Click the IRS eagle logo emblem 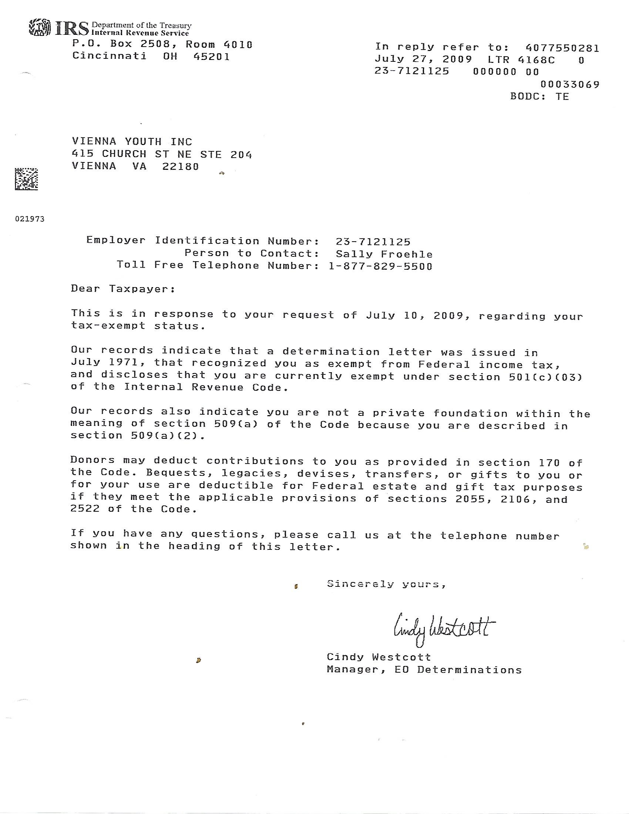(40, 28)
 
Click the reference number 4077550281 (562, 48)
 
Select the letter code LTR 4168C (521, 60)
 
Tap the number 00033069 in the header (570, 85)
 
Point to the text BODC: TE (539, 97)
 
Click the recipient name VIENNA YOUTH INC (132, 142)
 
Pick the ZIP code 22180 (180, 166)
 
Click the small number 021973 (30, 219)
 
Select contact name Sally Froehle (384, 254)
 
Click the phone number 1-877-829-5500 (380, 266)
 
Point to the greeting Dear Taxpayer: (123, 289)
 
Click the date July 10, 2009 (415, 316)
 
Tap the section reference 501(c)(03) (545, 377)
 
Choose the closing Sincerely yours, (386, 584)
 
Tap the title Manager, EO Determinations (424, 670)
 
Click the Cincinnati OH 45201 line (151, 56)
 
